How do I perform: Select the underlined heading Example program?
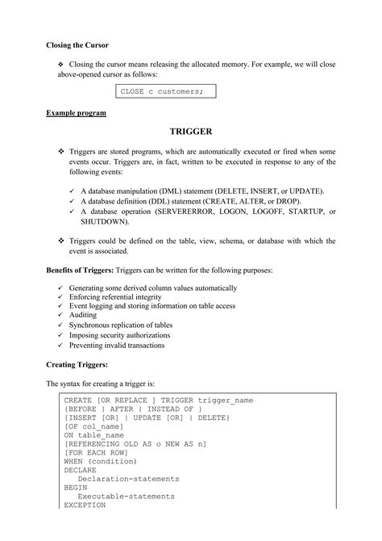click(76, 113)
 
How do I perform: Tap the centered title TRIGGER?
click(191, 131)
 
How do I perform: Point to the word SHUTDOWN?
click(106, 221)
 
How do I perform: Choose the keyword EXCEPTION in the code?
click(85, 505)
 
